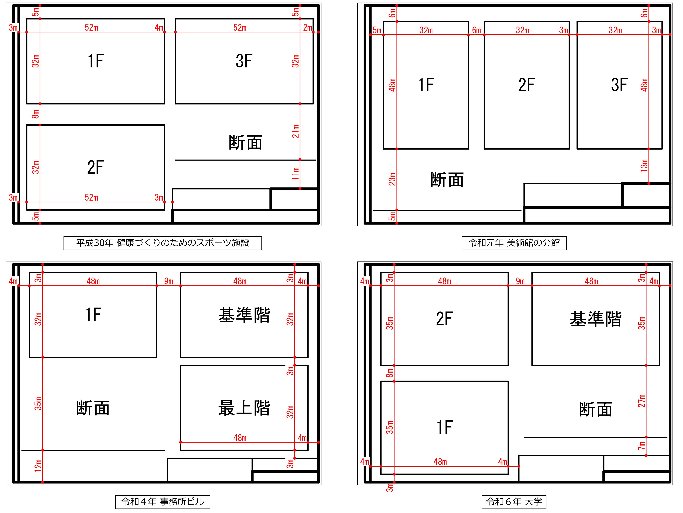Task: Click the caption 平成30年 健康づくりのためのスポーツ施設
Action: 163,243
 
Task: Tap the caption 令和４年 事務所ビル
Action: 163,502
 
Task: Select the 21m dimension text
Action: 295,131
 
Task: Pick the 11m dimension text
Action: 295,174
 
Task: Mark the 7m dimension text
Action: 642,446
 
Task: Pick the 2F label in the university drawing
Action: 444,319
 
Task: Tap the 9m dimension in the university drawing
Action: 520,281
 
